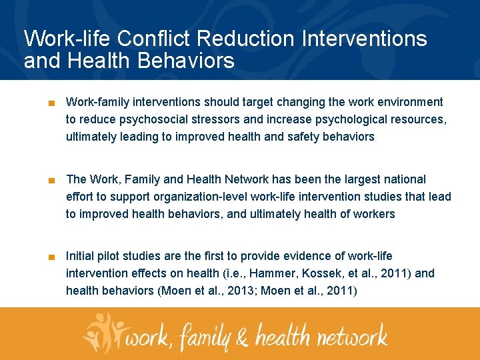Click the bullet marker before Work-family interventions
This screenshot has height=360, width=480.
point(51,103)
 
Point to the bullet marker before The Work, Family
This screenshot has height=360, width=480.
point(51,180)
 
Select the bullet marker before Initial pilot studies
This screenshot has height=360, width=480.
point(51,257)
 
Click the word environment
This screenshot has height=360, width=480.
point(408,102)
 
